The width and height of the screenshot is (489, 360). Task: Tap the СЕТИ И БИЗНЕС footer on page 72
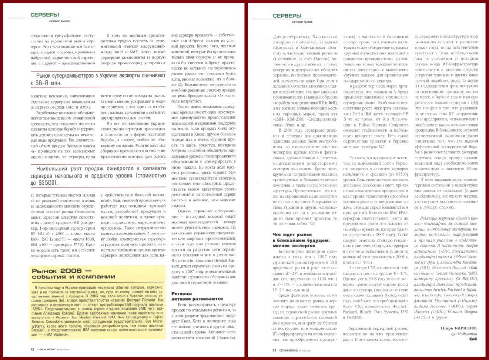pyautogui.click(x=52, y=349)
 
